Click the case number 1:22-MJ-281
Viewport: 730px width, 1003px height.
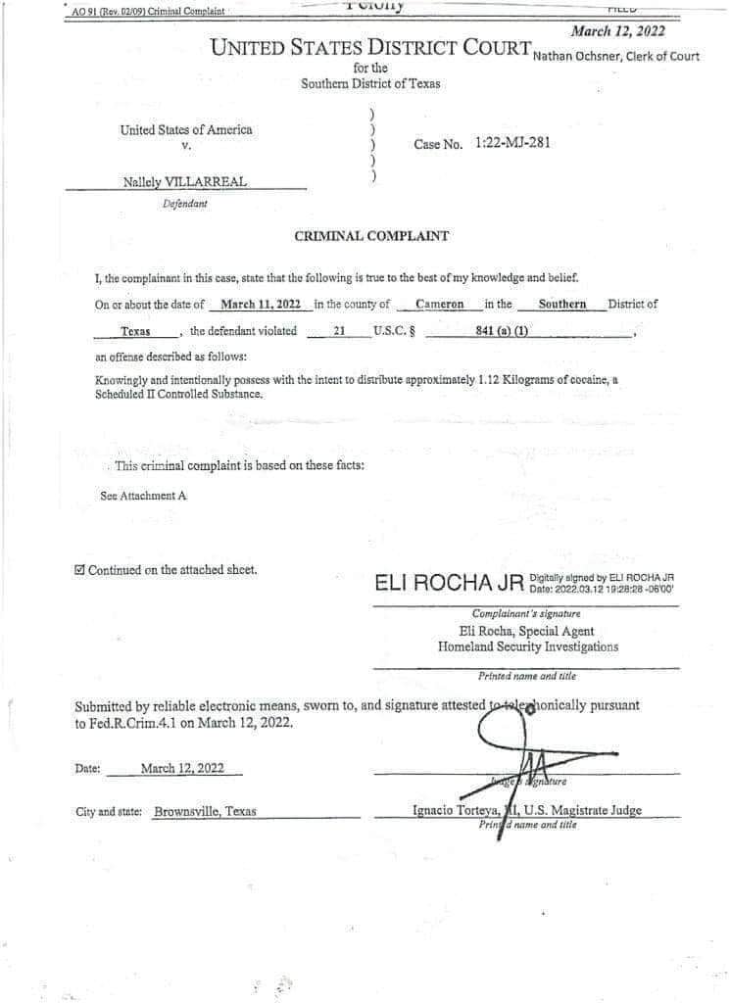(x=511, y=143)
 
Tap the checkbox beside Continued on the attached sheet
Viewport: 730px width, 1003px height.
(x=80, y=570)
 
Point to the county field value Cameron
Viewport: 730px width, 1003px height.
(x=439, y=305)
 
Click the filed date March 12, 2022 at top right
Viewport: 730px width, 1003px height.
(x=617, y=31)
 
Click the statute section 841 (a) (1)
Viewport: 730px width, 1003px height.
(x=502, y=331)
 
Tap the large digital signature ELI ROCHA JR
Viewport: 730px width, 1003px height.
(x=449, y=584)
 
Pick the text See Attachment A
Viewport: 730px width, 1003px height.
(x=143, y=496)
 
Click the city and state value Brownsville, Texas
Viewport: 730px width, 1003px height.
(x=205, y=812)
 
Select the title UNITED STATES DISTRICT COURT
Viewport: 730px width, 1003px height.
(x=370, y=47)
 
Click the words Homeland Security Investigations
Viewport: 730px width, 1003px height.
(x=528, y=646)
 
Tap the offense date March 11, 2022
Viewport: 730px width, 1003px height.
(x=260, y=305)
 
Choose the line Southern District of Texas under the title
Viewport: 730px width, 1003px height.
(x=370, y=83)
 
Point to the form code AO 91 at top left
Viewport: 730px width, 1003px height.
(x=86, y=11)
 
